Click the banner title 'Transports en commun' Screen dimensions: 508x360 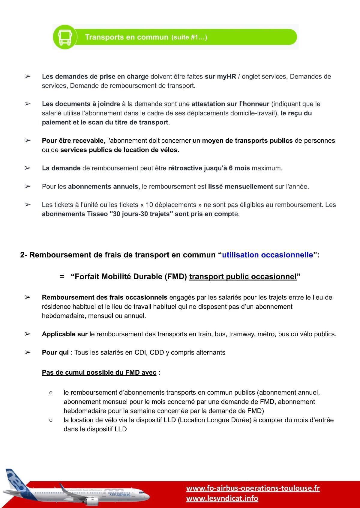[x=126, y=37]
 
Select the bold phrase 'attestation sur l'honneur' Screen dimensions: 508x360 [x=230, y=104]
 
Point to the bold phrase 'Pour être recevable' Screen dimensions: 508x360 [x=73, y=141]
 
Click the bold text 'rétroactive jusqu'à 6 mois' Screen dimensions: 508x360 [x=209, y=168]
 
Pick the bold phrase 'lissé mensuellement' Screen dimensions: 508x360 [x=240, y=186]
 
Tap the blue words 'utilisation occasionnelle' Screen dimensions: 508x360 [x=267, y=255]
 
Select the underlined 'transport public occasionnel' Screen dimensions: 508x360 [x=243, y=276]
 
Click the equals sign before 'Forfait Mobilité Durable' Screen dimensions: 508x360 [x=62, y=276]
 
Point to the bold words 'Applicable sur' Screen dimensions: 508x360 [x=64, y=334]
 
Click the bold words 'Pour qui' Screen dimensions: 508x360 [x=55, y=352]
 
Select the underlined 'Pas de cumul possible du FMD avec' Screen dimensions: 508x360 [x=99, y=373]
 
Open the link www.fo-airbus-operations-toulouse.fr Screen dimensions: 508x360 [x=253, y=488]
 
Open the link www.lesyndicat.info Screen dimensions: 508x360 [x=222, y=498]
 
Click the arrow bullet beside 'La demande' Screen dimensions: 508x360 [x=28, y=168]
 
